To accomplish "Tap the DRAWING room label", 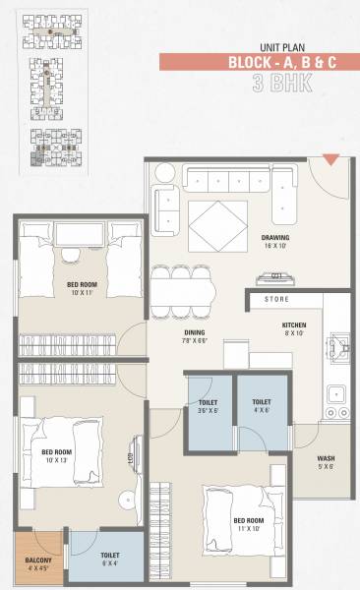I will click(x=275, y=238).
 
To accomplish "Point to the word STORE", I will click(x=275, y=299).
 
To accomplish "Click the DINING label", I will click(x=193, y=332).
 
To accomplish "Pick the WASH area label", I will click(x=326, y=459).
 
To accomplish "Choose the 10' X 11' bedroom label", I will click(x=81, y=289).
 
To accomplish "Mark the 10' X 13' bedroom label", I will click(x=56, y=456).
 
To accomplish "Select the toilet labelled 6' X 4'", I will click(x=110, y=560).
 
